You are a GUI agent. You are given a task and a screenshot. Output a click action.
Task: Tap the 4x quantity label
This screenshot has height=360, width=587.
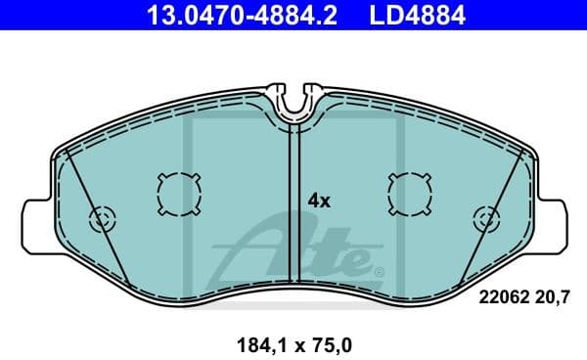tap(320, 201)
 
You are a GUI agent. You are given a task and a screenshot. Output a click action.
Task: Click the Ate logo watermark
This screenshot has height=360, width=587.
tap(293, 252)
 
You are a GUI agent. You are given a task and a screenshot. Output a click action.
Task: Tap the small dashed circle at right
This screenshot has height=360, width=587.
tap(484, 219)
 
